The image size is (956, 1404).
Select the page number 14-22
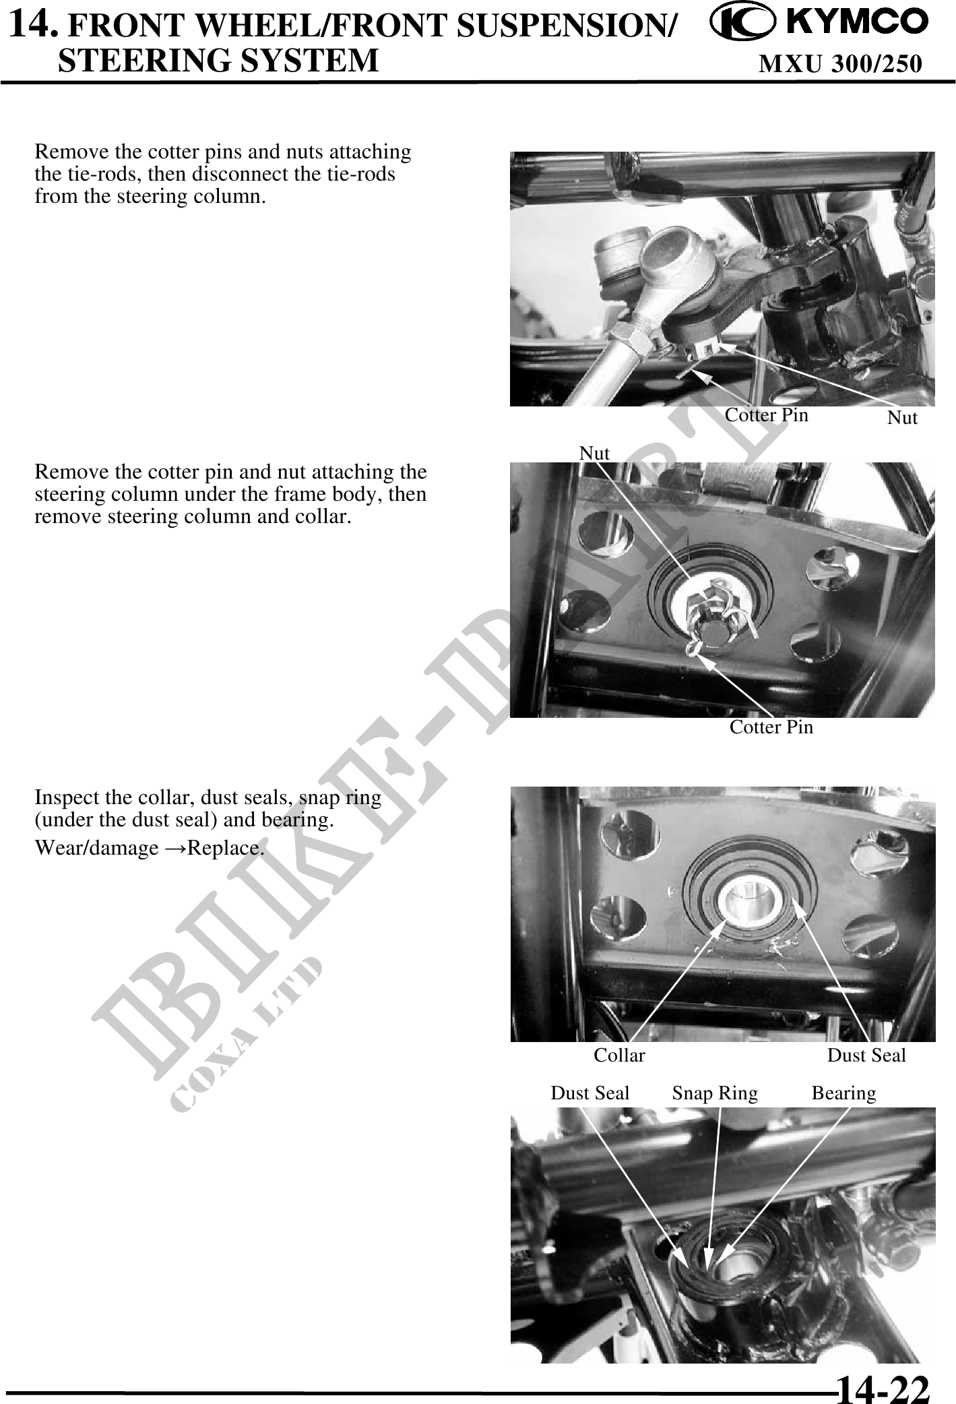click(x=883, y=1386)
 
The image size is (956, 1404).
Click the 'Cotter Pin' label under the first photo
click(x=766, y=415)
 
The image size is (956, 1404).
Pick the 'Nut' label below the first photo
click(x=902, y=418)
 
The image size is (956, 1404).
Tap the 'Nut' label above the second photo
click(x=594, y=453)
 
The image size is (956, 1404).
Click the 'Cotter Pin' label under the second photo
click(x=771, y=727)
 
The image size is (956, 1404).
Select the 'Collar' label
click(x=619, y=1055)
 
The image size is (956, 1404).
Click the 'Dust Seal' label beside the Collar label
click(x=866, y=1055)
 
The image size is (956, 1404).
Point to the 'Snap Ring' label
click(x=715, y=1093)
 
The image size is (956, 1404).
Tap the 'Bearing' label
click(x=843, y=1093)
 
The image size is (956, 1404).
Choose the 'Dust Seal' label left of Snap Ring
click(x=590, y=1093)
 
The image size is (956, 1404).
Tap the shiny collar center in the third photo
click(x=750, y=901)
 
